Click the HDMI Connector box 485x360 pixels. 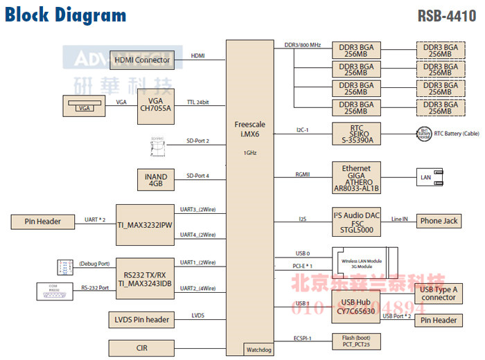click(x=143, y=60)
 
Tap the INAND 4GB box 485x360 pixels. click(x=155, y=180)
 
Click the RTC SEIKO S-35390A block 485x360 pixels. click(x=356, y=134)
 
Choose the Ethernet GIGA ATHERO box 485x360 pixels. click(x=356, y=179)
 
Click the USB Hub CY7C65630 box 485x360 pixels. click(x=356, y=307)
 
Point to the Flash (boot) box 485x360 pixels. click(x=356, y=341)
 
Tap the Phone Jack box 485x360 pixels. click(x=439, y=222)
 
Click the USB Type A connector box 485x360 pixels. click(x=439, y=293)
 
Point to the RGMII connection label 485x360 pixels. click(x=303, y=174)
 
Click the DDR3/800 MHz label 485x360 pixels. click(x=303, y=45)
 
